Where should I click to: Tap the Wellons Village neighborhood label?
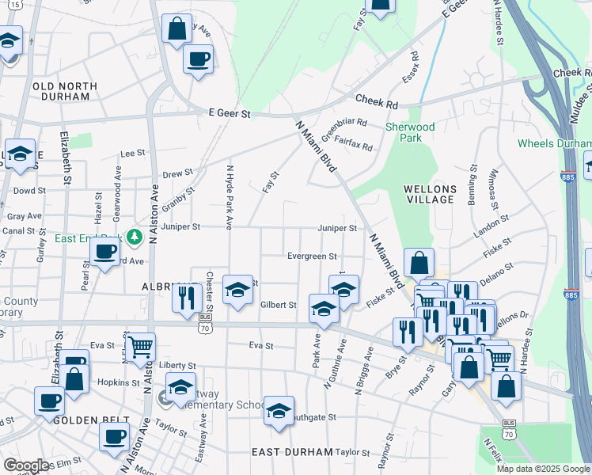click(x=430, y=194)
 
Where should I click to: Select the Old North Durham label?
click(x=64, y=91)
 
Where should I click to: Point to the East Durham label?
click(x=292, y=452)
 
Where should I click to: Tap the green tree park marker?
click(x=135, y=236)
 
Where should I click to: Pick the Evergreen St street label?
click(x=312, y=256)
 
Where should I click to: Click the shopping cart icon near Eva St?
click(x=140, y=346)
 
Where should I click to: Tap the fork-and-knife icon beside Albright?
click(x=184, y=298)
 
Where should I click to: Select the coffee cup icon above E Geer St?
click(x=198, y=58)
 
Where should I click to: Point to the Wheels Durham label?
click(x=554, y=143)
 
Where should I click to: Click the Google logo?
click(x=26, y=465)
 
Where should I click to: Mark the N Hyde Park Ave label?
click(x=230, y=197)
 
